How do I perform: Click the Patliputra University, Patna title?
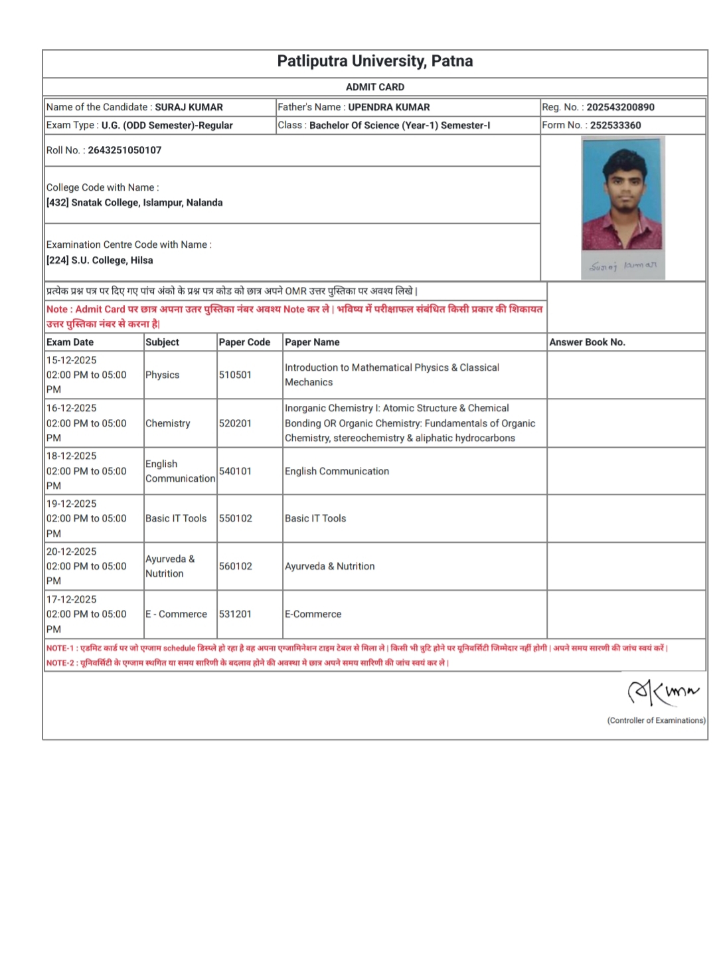coord(375,61)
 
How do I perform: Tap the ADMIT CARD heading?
coord(375,87)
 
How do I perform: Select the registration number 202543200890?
coord(620,107)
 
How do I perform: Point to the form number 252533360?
coord(615,125)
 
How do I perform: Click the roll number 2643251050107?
coord(125,150)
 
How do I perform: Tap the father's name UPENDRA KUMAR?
coord(389,107)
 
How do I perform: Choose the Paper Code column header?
coord(244,342)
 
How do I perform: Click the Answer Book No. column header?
coord(587,342)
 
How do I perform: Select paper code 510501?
coord(235,375)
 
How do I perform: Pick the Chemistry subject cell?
coord(168,423)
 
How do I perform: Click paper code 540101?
coord(235,471)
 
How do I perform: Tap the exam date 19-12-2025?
coord(72,504)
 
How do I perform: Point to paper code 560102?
coord(236,566)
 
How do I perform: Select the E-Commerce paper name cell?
coord(313,614)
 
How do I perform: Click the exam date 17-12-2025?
coord(72,599)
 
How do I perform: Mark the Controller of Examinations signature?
coord(663,692)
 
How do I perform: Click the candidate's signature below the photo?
coord(623,266)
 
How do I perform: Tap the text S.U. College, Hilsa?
coord(112,260)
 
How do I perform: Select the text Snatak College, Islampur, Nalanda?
coord(147,203)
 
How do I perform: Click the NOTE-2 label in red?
coord(60,663)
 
